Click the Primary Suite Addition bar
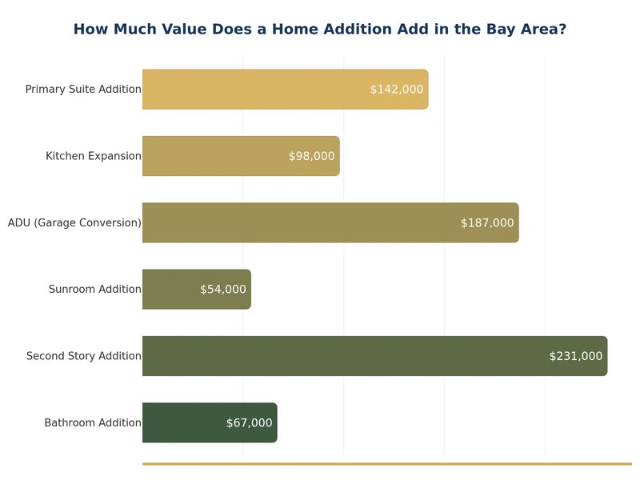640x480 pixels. (x=256, y=89)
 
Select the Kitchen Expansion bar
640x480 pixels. (x=216, y=156)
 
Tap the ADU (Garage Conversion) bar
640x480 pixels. (x=304, y=222)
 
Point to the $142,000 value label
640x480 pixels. (x=396, y=90)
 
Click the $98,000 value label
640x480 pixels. (x=311, y=156)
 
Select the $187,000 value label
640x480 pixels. (x=487, y=223)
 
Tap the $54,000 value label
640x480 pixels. (x=222, y=290)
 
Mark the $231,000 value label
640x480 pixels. (x=575, y=356)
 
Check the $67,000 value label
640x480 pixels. (x=249, y=423)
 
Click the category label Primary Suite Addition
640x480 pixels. (x=83, y=90)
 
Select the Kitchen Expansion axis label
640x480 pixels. (x=93, y=156)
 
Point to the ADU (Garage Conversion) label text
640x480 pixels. (x=74, y=223)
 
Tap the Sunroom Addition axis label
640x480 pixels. (x=94, y=290)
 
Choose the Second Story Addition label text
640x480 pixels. (x=83, y=356)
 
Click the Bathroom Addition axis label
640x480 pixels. (x=93, y=423)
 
